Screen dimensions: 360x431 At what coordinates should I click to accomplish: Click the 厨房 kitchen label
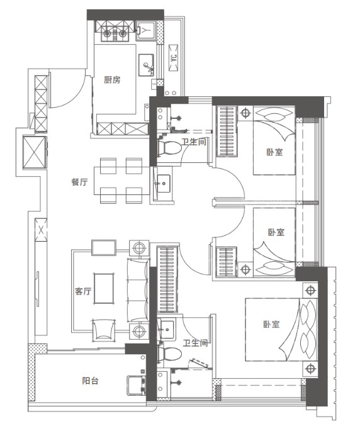coord(112,80)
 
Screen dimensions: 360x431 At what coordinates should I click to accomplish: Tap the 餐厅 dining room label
coord(80,182)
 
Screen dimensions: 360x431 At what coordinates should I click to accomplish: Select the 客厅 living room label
coord(83,291)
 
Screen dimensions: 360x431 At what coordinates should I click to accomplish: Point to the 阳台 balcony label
coord(90,381)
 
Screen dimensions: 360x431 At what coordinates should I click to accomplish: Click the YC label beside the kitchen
coord(173,58)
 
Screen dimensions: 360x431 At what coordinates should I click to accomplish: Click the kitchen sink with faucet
coord(146,65)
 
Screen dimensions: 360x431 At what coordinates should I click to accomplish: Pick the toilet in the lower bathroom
coord(169,354)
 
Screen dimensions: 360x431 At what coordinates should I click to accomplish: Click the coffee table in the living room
coord(104,288)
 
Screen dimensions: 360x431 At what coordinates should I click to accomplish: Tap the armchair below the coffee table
coord(103,330)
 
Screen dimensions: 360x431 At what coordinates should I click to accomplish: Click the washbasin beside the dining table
coord(164,184)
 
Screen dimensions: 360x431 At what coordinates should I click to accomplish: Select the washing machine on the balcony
coord(137,385)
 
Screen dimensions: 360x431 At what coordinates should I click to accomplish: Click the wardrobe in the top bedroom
coord(227,132)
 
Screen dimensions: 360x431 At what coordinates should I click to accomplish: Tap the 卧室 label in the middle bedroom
coord(276,232)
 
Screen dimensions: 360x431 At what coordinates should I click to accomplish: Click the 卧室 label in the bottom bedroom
coord(271,324)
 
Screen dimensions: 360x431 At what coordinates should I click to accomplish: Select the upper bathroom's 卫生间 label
coord(194,142)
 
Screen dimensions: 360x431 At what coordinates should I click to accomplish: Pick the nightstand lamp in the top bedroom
coord(245,113)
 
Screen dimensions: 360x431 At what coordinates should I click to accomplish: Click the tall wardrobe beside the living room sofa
coord(167,279)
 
